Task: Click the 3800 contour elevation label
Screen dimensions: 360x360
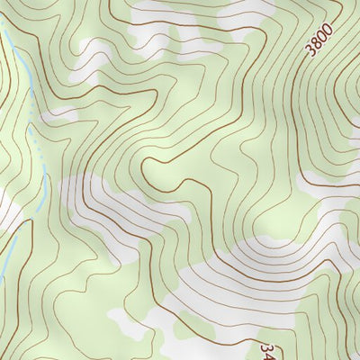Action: pos(319,40)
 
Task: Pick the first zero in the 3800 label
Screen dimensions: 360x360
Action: pos(322,36)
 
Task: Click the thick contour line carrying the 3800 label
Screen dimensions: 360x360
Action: pos(297,72)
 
